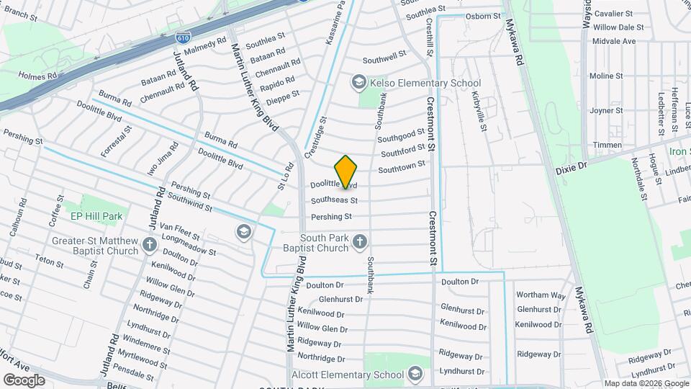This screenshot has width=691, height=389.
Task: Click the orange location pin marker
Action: [x=346, y=171]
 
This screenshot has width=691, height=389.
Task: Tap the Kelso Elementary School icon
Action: [x=358, y=83]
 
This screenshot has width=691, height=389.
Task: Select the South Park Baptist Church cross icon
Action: [x=359, y=243]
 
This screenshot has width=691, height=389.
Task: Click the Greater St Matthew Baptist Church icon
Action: [x=150, y=246]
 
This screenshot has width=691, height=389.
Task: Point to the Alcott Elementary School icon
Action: [x=415, y=374]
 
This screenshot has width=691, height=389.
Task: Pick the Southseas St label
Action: [x=334, y=200]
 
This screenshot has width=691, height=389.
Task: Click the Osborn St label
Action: [x=483, y=16]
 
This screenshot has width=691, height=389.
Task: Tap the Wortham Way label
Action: [x=541, y=295]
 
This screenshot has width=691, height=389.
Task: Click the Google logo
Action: [x=24, y=380]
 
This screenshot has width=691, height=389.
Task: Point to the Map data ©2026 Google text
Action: [x=646, y=383]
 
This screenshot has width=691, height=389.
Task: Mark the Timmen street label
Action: [x=608, y=145]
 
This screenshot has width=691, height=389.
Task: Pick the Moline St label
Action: [x=607, y=76]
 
